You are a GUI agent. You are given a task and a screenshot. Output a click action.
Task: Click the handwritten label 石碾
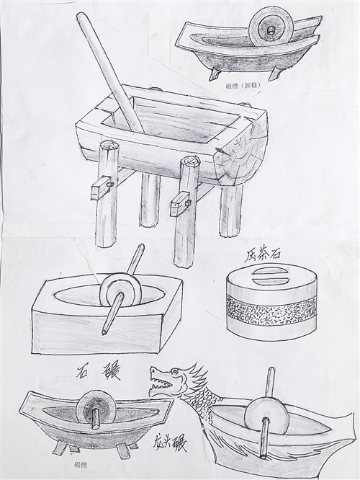pyautogui.click(x=99, y=373)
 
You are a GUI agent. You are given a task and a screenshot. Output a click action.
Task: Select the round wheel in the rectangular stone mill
pyautogui.click(x=118, y=291)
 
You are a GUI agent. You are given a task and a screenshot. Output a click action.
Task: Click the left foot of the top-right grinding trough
pyautogui.click(x=215, y=74)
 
